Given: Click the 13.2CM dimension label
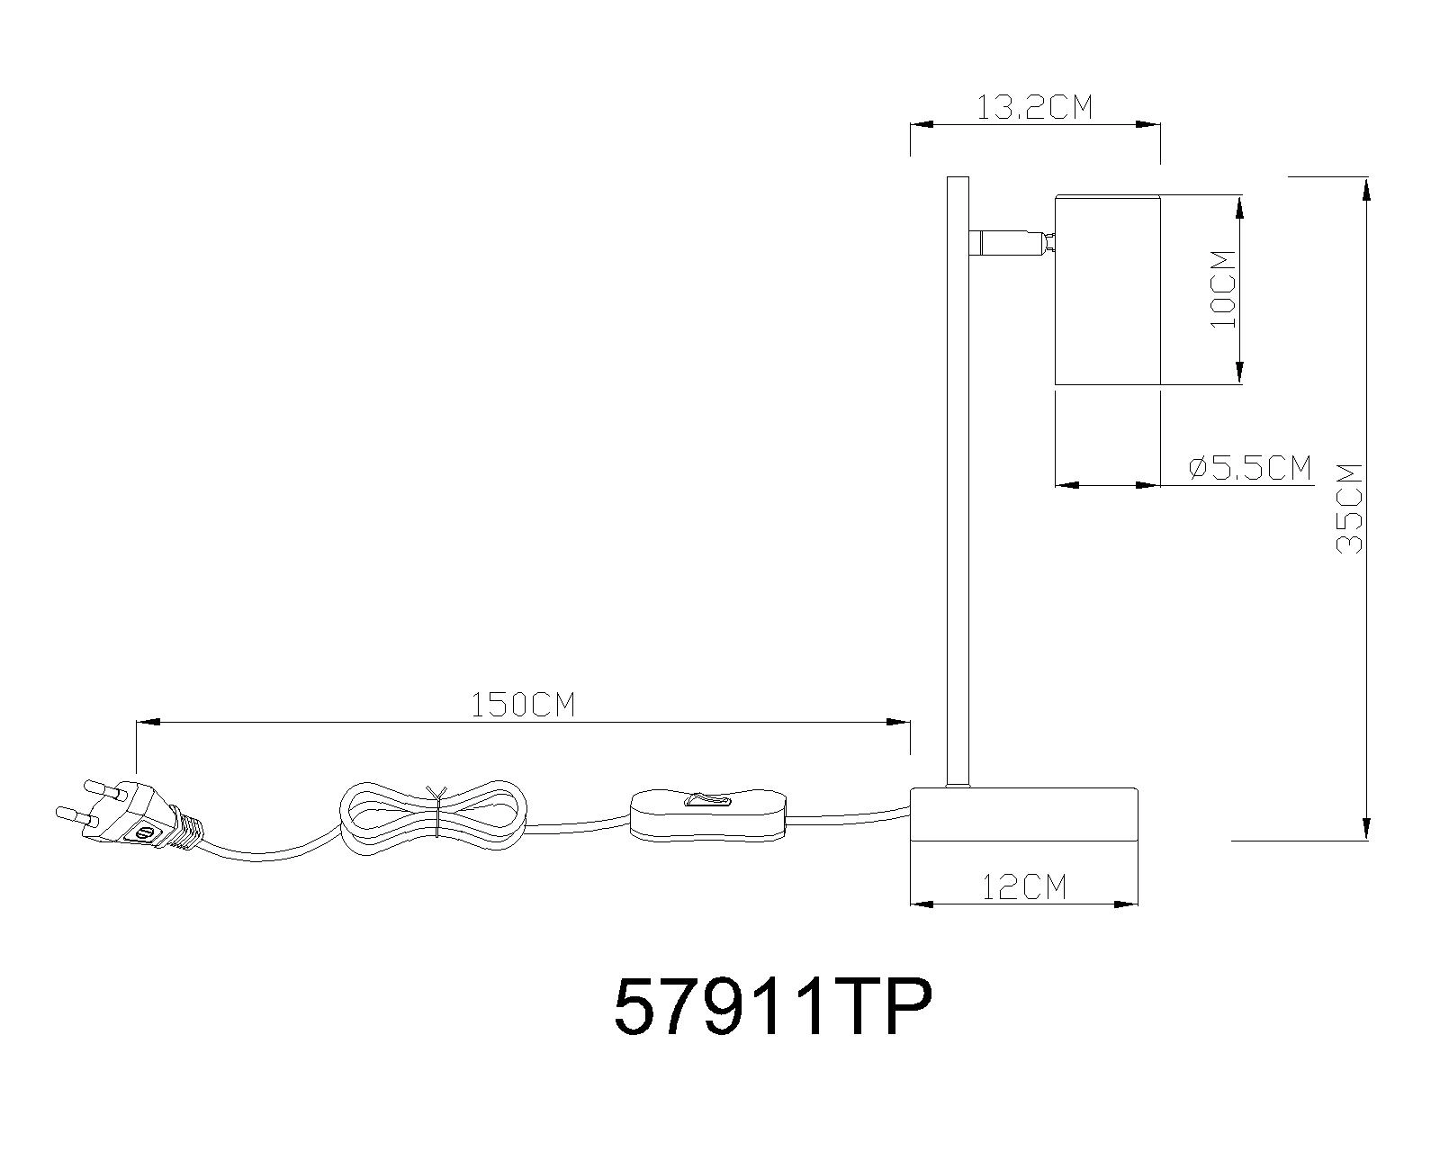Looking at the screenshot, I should tap(1034, 108).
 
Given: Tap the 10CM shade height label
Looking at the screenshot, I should tap(1223, 289).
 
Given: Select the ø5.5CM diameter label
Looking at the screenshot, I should tap(1250, 468).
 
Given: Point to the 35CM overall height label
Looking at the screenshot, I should tap(1350, 508).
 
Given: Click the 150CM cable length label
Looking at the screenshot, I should tap(523, 705).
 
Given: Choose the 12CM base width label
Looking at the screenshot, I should tap(1024, 887).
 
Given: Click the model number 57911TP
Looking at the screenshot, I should tap(771, 1008).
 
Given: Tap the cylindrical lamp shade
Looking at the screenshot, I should tap(1107, 289).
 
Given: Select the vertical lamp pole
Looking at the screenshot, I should tap(957, 477).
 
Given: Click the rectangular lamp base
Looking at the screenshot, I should tap(1024, 814).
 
